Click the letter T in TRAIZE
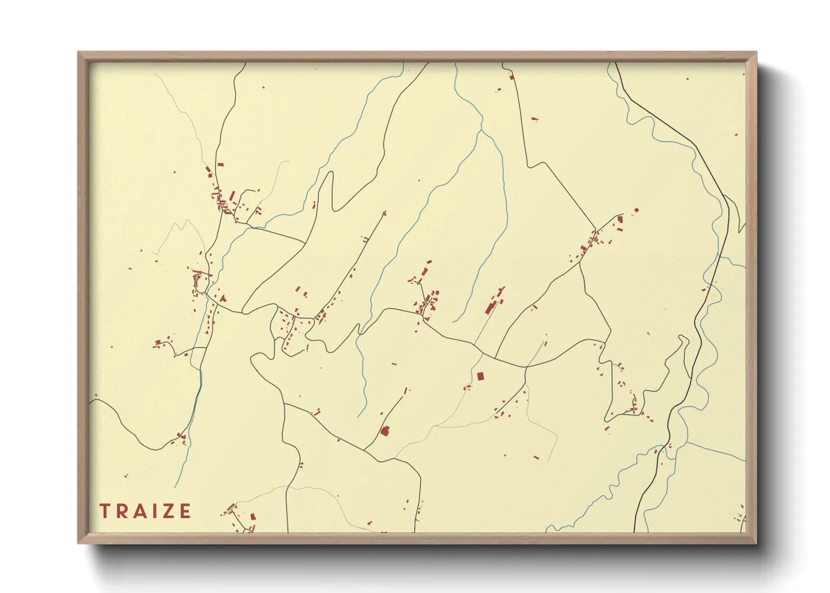104,511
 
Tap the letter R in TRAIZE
122,511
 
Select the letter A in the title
141,511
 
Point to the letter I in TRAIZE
154,511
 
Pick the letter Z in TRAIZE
168,511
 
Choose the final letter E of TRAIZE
185,511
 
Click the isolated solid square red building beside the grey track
480,376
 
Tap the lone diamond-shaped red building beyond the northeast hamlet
636,211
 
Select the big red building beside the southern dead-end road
385,430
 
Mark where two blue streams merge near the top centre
481,131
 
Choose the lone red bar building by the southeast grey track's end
536,457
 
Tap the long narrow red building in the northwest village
232,196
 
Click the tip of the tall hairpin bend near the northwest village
330,173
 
